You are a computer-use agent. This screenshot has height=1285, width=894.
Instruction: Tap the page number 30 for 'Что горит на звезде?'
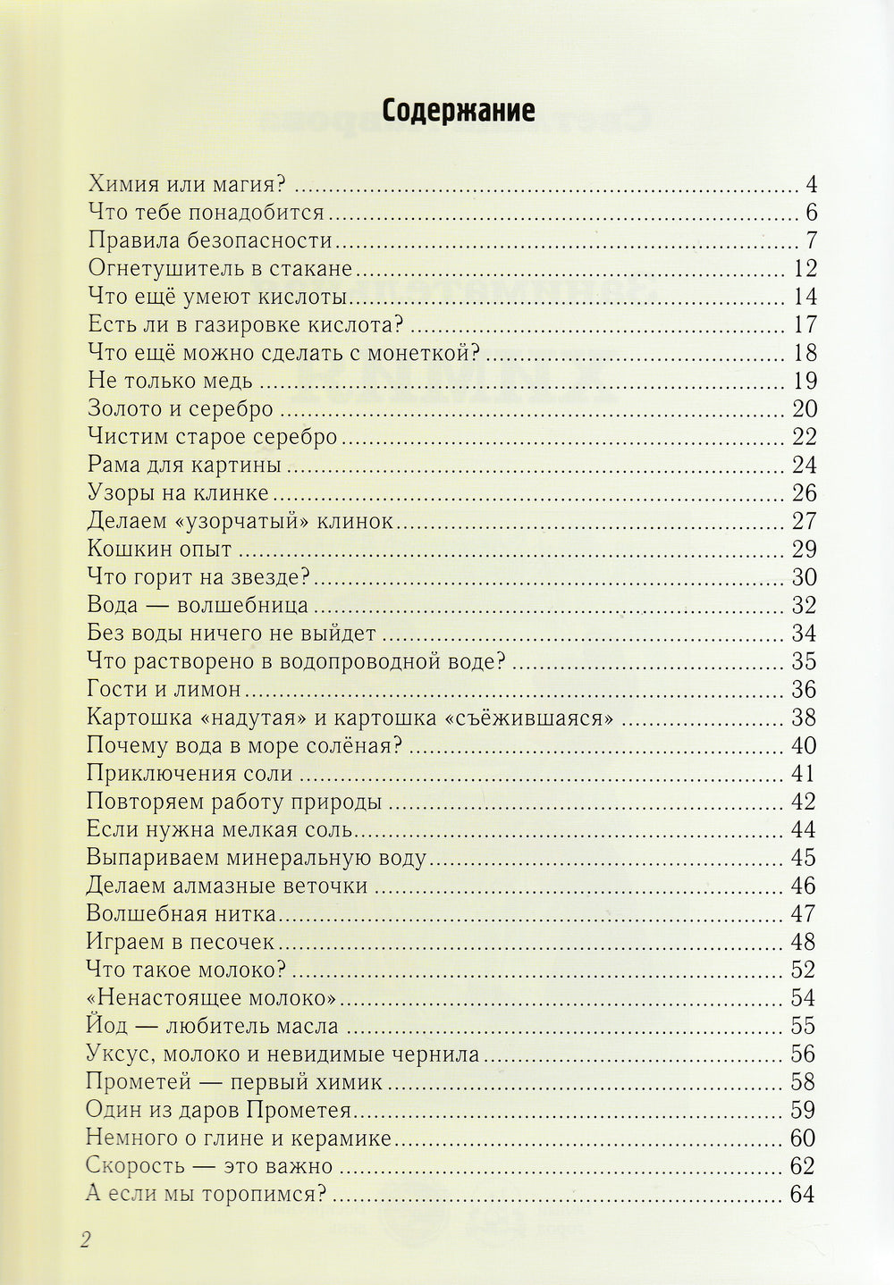point(804,577)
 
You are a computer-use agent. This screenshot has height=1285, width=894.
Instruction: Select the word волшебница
point(243,605)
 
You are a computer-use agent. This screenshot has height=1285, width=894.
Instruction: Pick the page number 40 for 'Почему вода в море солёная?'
point(804,745)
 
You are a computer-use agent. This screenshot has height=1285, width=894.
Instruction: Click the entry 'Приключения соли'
point(191,774)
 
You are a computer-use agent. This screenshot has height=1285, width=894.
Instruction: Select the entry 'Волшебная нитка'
point(182,914)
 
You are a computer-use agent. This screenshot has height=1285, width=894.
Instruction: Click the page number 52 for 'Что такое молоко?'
point(804,970)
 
